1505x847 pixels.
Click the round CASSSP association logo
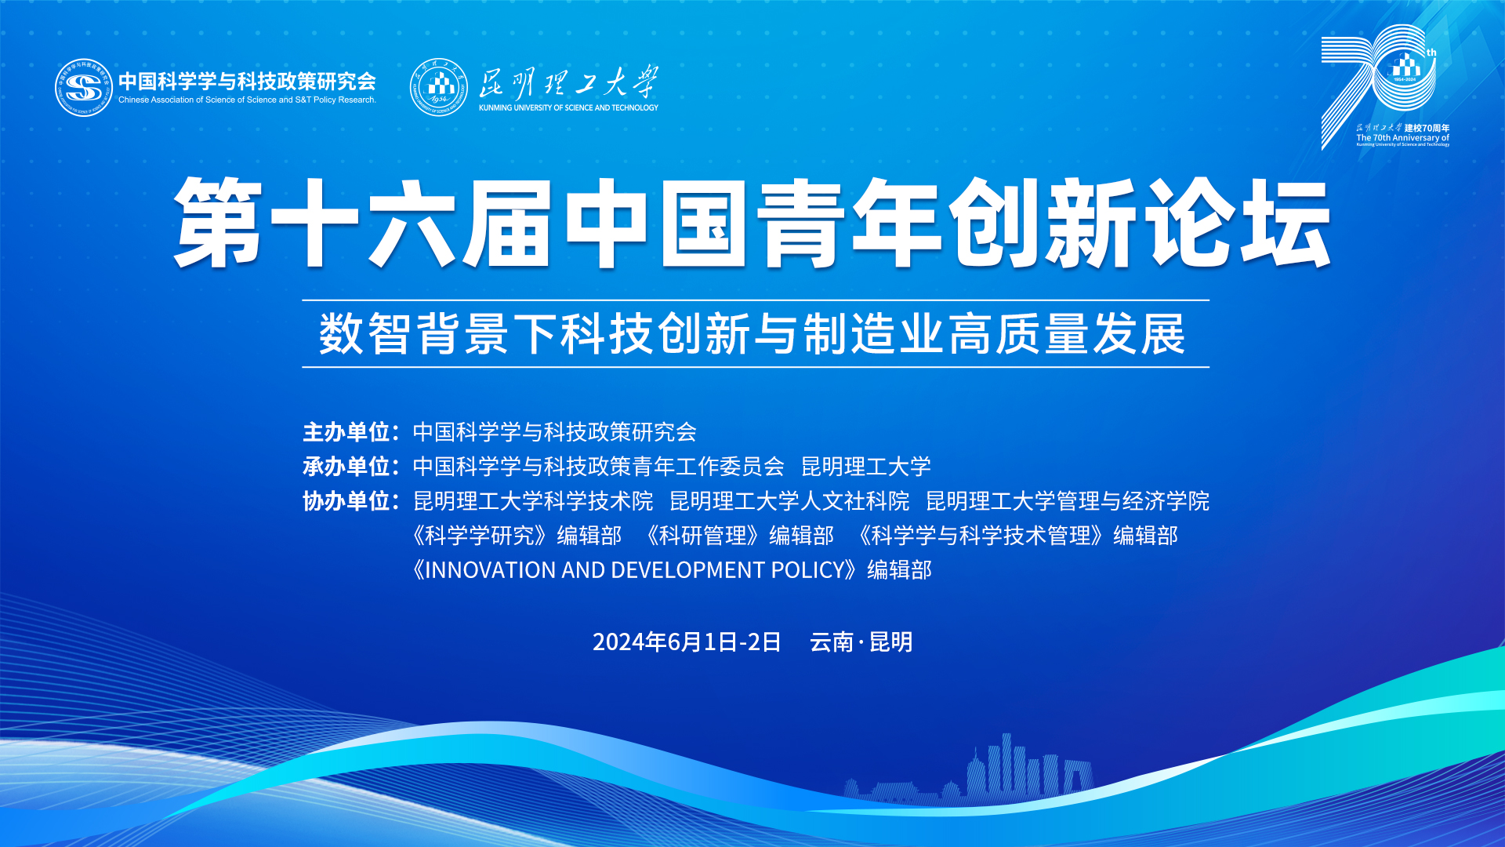pos(84,88)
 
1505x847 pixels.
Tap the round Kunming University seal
pos(439,87)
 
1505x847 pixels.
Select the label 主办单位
pos(346,432)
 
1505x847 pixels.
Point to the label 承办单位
pos(346,467)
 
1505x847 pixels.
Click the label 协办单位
pos(346,501)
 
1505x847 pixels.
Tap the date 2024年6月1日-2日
pos(687,642)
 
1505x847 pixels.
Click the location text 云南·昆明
pos(861,642)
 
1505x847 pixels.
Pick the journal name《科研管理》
pos(702,536)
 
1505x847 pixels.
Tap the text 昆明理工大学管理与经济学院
pos(1068,501)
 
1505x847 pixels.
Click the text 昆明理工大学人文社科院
pos(789,501)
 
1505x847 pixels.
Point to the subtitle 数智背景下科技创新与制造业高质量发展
pos(752,334)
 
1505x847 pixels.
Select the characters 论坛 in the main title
pos(1238,223)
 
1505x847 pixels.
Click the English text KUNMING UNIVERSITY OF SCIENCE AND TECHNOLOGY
pos(568,108)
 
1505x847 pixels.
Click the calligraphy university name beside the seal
pos(568,82)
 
